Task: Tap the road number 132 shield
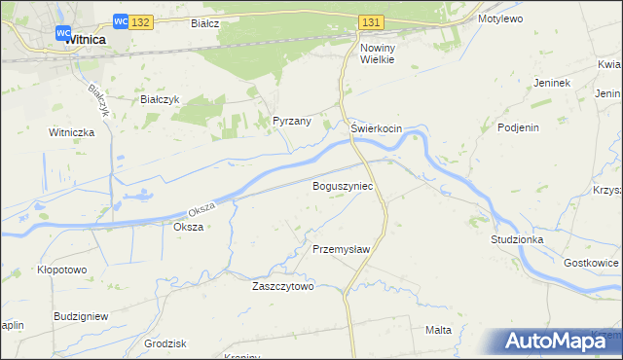(x=140, y=21)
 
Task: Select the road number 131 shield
(x=370, y=21)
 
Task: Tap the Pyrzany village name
(x=291, y=122)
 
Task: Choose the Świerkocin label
(x=376, y=128)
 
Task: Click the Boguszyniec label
(x=343, y=184)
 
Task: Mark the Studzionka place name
(x=517, y=238)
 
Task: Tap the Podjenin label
(x=518, y=127)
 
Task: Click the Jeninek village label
(x=551, y=83)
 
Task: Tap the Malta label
(x=438, y=330)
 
